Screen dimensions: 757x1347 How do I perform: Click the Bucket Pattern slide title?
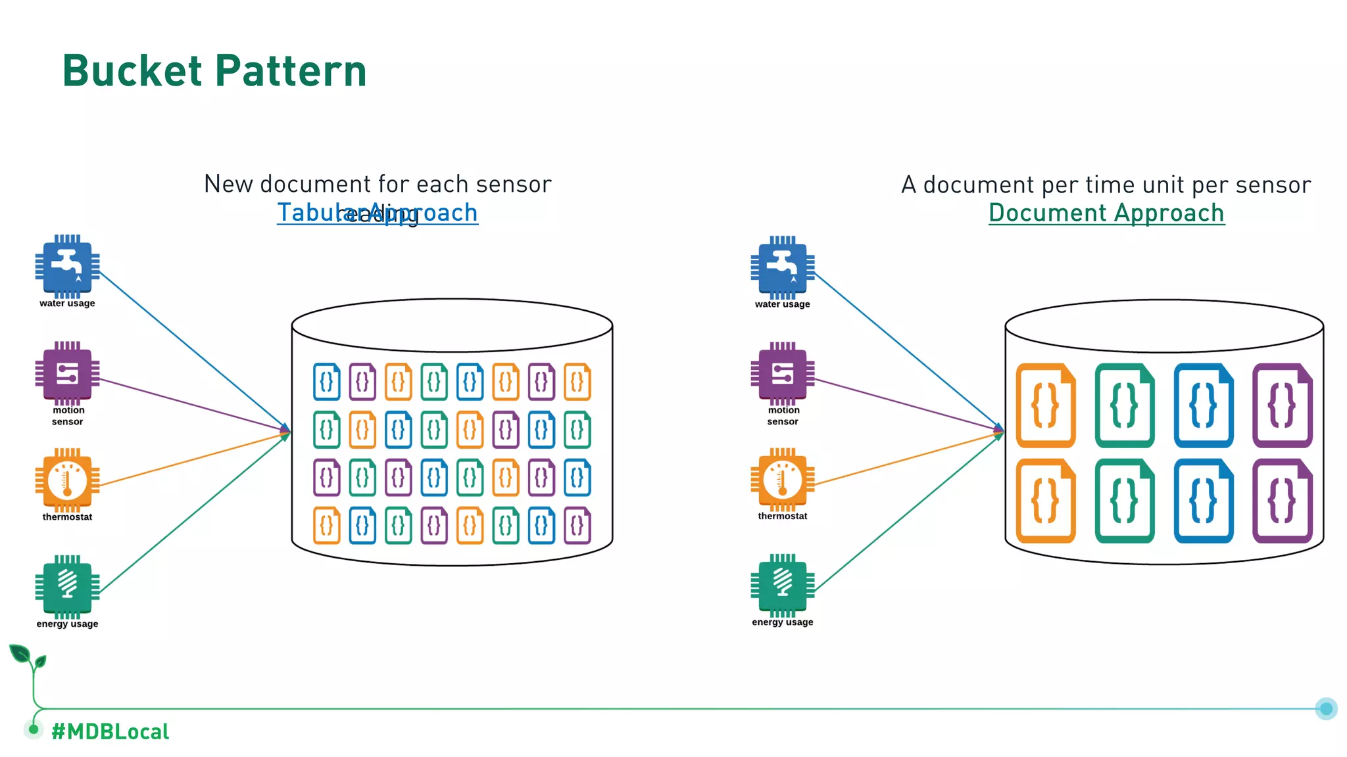214,71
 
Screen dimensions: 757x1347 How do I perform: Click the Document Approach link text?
1106,213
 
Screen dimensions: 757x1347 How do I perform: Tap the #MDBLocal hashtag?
110,731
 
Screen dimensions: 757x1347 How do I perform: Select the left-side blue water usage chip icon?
67,266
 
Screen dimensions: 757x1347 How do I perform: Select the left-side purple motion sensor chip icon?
67,373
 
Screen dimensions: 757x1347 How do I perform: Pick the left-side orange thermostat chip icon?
67,480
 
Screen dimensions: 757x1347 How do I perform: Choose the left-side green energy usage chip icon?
67,586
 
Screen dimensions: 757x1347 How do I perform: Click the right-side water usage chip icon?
782,267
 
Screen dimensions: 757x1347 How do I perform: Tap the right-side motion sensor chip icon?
782,373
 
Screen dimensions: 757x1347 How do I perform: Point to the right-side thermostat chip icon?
782,480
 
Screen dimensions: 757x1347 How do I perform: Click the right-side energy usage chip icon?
782,585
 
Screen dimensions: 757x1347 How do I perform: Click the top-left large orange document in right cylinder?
1045,405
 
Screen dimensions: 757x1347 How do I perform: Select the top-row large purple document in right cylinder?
1282,405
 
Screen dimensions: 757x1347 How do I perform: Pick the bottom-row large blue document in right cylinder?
1203,501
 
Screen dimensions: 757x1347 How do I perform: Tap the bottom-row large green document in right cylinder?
1124,501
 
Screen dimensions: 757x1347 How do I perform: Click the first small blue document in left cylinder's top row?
326,381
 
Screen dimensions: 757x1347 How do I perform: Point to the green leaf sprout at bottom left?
26,657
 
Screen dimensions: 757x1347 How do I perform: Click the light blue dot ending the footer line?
1326,708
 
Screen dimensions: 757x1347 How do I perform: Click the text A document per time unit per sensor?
1106,185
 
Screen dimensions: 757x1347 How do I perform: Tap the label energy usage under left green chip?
67,624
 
